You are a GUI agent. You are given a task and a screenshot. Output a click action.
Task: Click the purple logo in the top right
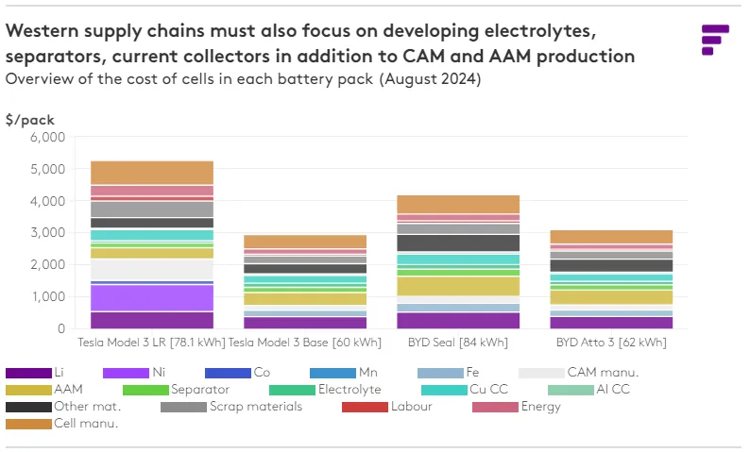(715, 40)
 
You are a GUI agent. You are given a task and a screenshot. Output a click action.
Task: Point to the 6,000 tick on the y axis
(46, 138)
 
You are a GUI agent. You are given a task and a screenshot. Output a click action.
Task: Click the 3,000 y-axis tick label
(46, 233)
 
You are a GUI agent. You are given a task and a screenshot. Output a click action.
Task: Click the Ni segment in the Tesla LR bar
(152, 297)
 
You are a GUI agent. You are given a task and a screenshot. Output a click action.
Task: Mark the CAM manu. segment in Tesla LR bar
(152, 269)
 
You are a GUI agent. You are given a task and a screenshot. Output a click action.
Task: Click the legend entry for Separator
(198, 389)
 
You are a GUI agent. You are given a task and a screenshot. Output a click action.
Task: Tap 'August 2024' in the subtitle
(431, 80)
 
